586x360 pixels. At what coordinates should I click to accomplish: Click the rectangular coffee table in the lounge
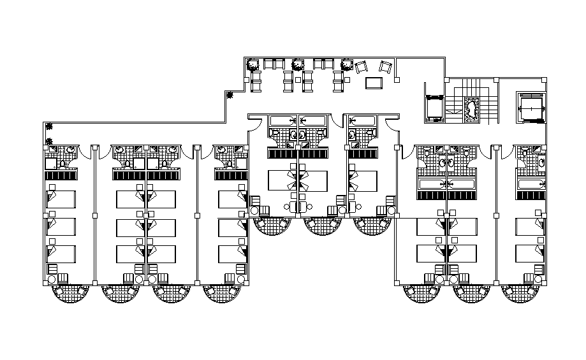pyautogui.click(x=374, y=83)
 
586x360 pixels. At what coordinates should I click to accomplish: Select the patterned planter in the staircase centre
pyautogui.click(x=472, y=108)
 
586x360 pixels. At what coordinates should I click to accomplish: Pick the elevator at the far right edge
pyautogui.click(x=531, y=106)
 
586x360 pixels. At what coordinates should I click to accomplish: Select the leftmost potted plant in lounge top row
pyautogui.click(x=253, y=64)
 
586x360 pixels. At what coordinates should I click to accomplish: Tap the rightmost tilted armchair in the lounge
pyautogui.click(x=385, y=67)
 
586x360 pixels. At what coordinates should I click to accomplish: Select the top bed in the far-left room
pyautogui.click(x=60, y=199)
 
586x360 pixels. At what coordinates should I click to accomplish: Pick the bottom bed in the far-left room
pyautogui.click(x=60, y=254)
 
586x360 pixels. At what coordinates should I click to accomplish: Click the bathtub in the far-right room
pyautogui.click(x=531, y=185)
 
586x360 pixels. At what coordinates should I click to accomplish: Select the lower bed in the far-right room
pyautogui.click(x=531, y=254)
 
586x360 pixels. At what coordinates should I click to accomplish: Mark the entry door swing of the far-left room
pyautogui.click(x=86, y=152)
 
